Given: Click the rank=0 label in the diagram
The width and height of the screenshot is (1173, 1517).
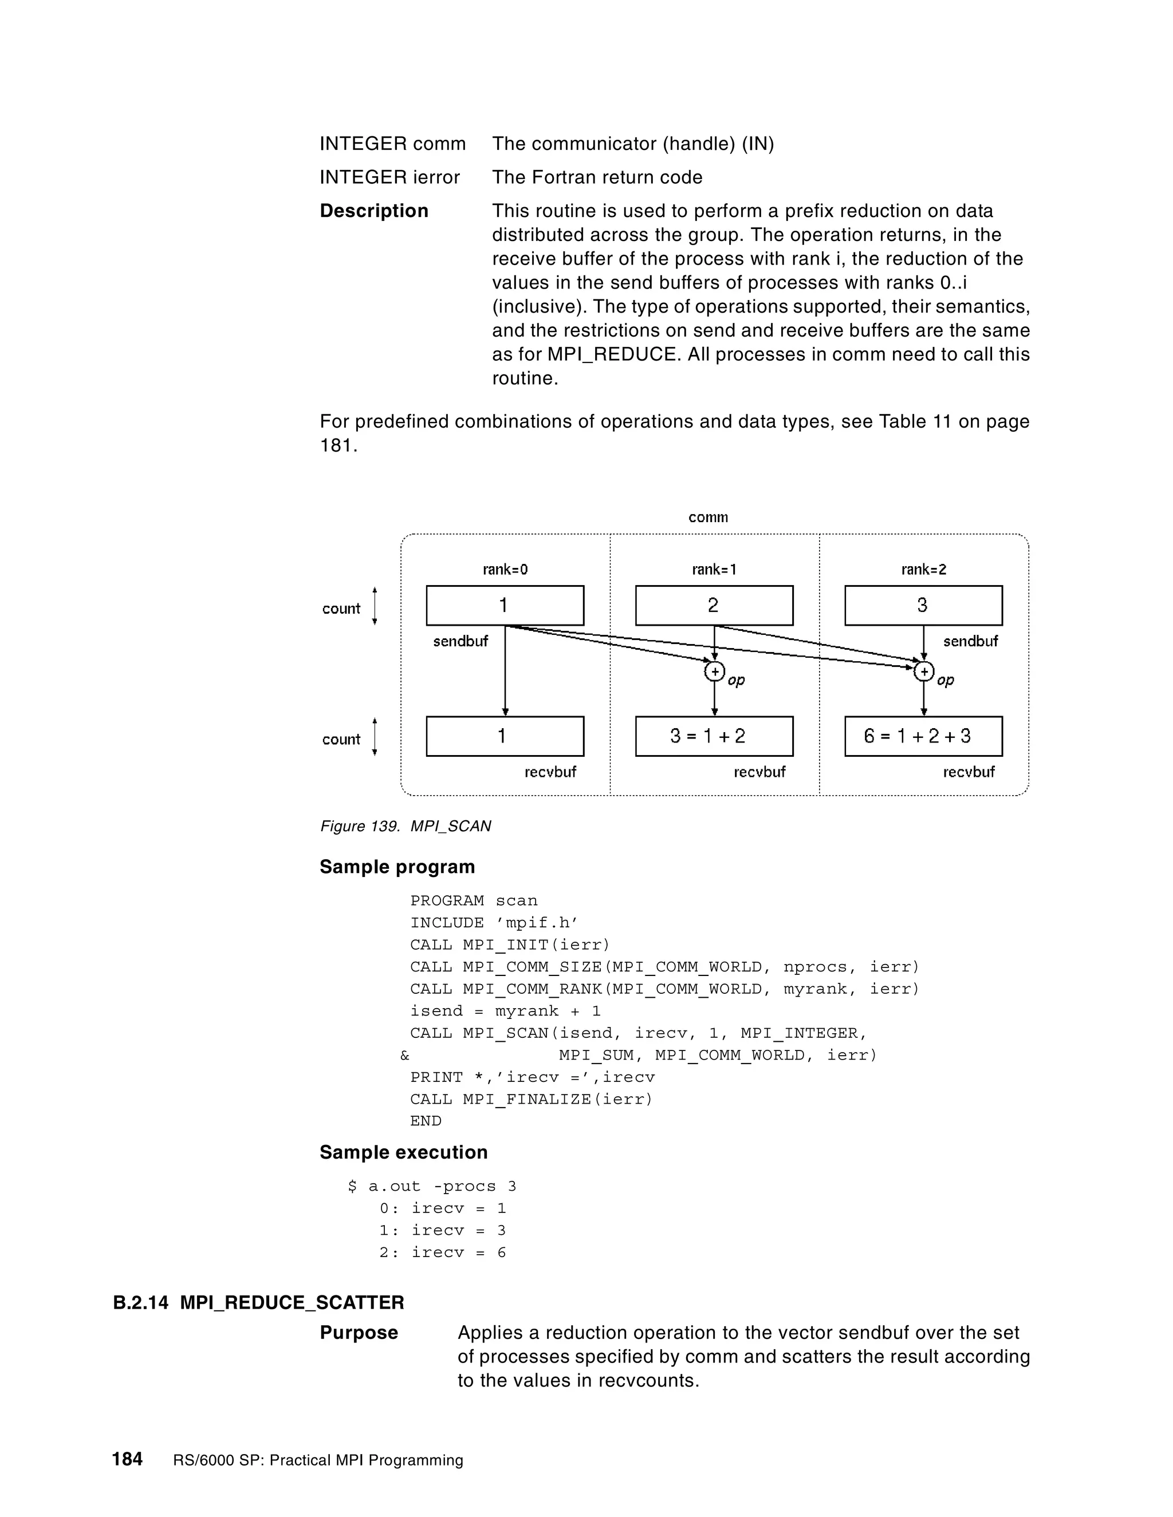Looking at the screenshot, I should tap(505, 570).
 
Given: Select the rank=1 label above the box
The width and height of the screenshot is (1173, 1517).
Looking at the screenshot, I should tap(714, 570).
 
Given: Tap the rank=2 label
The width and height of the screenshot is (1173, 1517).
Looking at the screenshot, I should tap(923, 570).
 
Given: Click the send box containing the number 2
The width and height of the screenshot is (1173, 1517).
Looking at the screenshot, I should tap(714, 606).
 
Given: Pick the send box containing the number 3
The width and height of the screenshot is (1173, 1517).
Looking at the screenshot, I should tap(923, 606).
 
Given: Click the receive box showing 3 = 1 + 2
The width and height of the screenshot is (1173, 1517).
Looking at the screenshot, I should tap(714, 736).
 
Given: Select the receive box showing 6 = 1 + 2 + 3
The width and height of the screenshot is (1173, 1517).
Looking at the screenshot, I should tap(923, 736).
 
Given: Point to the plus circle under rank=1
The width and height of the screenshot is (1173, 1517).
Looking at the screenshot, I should tap(714, 671).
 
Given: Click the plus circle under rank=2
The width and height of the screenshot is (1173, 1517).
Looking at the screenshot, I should tap(923, 671).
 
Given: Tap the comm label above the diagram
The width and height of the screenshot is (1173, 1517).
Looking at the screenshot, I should tap(708, 517).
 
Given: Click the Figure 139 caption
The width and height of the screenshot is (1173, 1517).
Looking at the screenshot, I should tap(405, 826).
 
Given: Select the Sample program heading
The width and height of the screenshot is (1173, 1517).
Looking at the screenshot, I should tap(397, 867).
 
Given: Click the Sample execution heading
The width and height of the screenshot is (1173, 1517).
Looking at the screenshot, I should tap(403, 1152).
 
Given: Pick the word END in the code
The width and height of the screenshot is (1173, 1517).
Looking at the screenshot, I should tap(426, 1121).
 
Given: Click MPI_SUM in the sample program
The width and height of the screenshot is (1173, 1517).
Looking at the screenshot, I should tap(596, 1055).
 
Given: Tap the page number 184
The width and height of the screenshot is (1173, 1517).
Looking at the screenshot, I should tap(127, 1459).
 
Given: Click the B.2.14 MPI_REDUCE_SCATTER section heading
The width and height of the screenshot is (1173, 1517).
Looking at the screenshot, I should tap(258, 1302).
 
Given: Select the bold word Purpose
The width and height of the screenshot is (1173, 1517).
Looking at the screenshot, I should tap(359, 1333).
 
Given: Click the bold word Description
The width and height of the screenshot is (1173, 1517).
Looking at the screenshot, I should tap(374, 211).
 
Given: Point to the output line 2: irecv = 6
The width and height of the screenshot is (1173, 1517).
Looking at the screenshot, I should tap(443, 1253).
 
